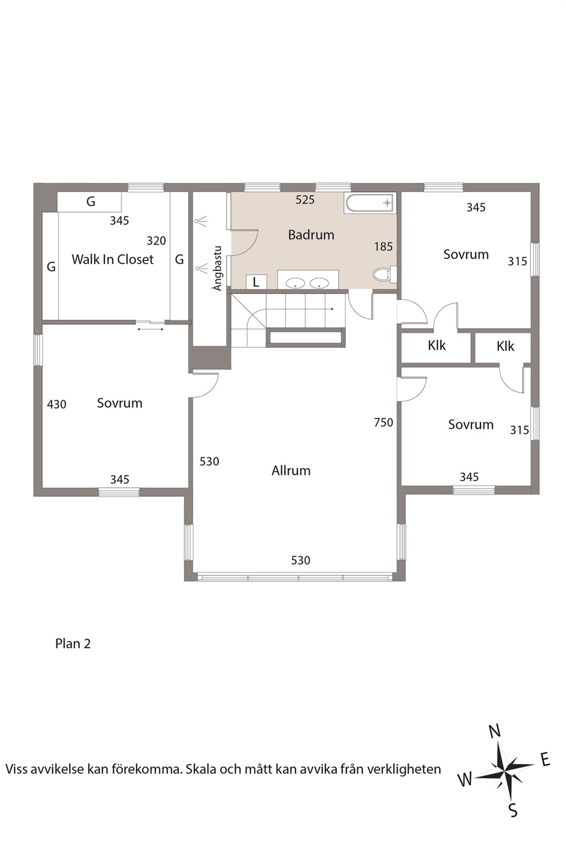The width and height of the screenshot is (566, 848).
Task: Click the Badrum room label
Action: point(311,235)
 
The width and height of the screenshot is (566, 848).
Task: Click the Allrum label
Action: point(291,471)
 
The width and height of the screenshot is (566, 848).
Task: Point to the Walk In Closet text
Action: point(112,259)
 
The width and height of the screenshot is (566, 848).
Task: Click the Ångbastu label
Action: point(217,268)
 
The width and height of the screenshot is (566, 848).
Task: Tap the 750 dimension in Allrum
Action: point(383,422)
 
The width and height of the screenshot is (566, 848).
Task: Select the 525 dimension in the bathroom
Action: point(305,199)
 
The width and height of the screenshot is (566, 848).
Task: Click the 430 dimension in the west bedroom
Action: point(56,405)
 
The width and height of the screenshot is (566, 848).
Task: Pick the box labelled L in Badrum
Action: point(256,282)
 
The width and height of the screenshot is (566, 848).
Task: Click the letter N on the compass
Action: point(495,731)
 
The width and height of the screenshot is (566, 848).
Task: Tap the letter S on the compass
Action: point(512,811)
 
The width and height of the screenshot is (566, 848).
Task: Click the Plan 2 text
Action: point(73,643)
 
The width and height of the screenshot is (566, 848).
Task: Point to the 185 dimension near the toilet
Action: point(383,247)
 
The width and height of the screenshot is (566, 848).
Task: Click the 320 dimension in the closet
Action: point(156,240)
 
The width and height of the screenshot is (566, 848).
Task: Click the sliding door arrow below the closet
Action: point(151,329)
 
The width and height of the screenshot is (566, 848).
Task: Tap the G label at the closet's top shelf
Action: point(91,201)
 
